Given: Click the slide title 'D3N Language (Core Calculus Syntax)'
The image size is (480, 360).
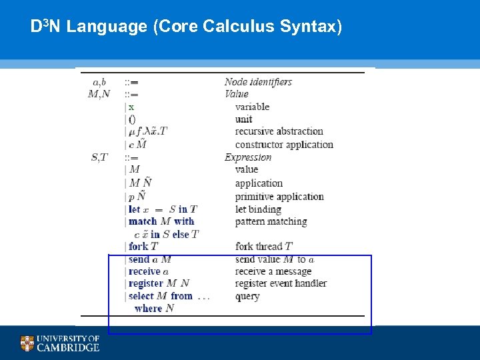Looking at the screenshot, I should tap(186, 27).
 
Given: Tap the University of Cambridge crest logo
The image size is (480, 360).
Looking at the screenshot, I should tap(27, 343).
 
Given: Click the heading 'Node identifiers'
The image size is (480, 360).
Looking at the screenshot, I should tap(258, 82).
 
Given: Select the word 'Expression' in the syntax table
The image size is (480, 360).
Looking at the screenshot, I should tap(248, 157).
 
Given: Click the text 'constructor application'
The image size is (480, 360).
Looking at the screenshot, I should tap(284, 145).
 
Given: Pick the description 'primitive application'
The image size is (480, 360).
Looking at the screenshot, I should tap(279, 197).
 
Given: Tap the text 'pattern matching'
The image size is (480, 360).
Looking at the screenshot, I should tap(271, 221).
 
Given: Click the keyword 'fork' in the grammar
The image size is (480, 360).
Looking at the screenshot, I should tap(139, 247).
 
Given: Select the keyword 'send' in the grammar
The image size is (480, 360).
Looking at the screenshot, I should tap(139, 259).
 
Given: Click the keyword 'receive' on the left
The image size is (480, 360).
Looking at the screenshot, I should tap(145, 271).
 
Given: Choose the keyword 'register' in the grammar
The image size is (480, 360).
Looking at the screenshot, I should tap(146, 284).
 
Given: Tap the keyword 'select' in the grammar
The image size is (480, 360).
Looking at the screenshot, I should tap(141, 296).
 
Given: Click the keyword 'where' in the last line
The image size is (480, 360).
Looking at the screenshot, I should tap(148, 308).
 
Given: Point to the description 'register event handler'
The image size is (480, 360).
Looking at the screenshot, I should tap(281, 284).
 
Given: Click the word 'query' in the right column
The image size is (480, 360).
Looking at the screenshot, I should tap(247, 297).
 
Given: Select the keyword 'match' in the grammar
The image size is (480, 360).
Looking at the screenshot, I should tap(143, 221).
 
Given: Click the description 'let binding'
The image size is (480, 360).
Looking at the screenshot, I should tap(258, 209).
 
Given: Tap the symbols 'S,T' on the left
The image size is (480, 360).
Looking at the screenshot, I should tap(99, 157).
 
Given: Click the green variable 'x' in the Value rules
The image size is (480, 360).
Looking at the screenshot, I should tap(131, 107).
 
